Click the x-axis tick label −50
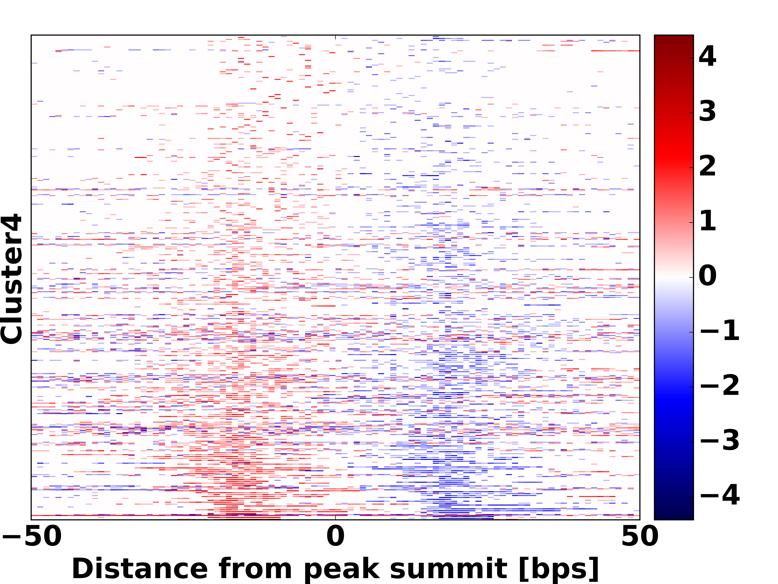pyautogui.click(x=32, y=537)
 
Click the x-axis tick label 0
pyautogui.click(x=335, y=537)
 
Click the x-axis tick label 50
pyautogui.click(x=639, y=537)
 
